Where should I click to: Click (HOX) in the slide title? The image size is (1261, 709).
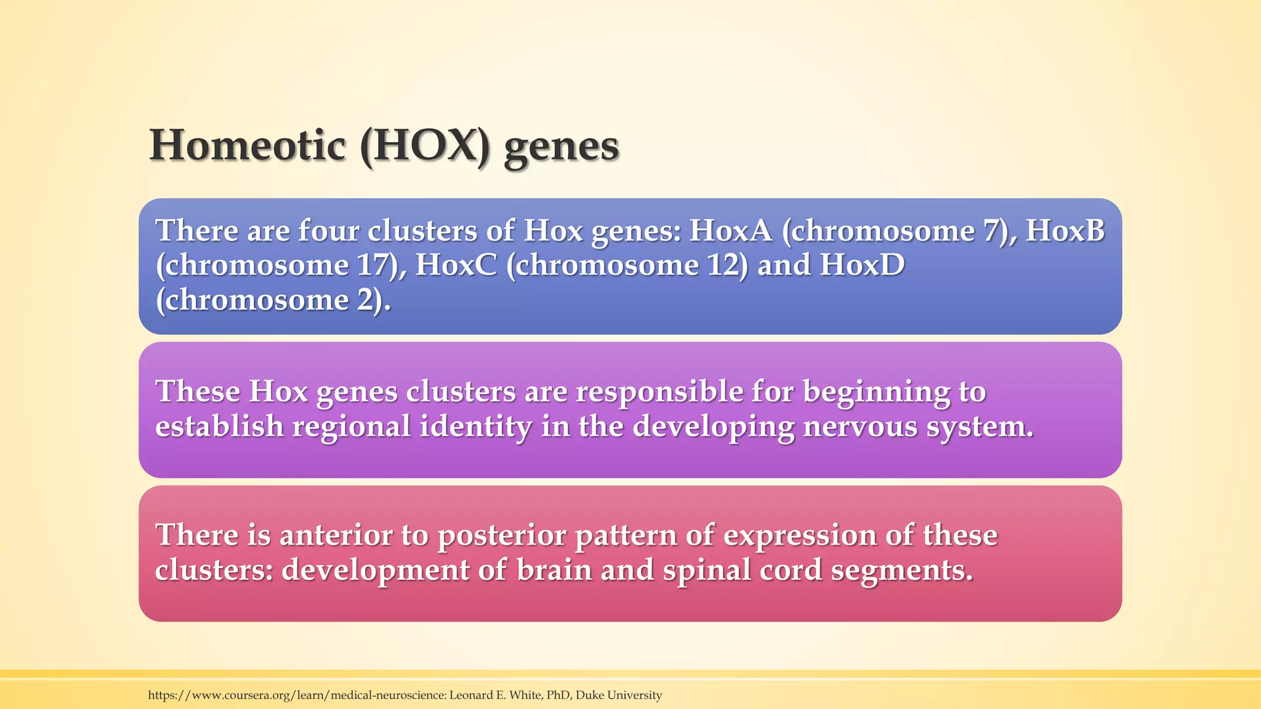425,146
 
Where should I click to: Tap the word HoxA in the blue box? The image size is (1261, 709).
730,231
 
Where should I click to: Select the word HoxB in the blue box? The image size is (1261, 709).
1065,231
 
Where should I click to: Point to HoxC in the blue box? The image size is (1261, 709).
456,265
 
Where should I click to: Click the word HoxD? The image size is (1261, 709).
862,265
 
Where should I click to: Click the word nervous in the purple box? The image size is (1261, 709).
860,427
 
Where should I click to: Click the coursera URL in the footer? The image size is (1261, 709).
296,695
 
